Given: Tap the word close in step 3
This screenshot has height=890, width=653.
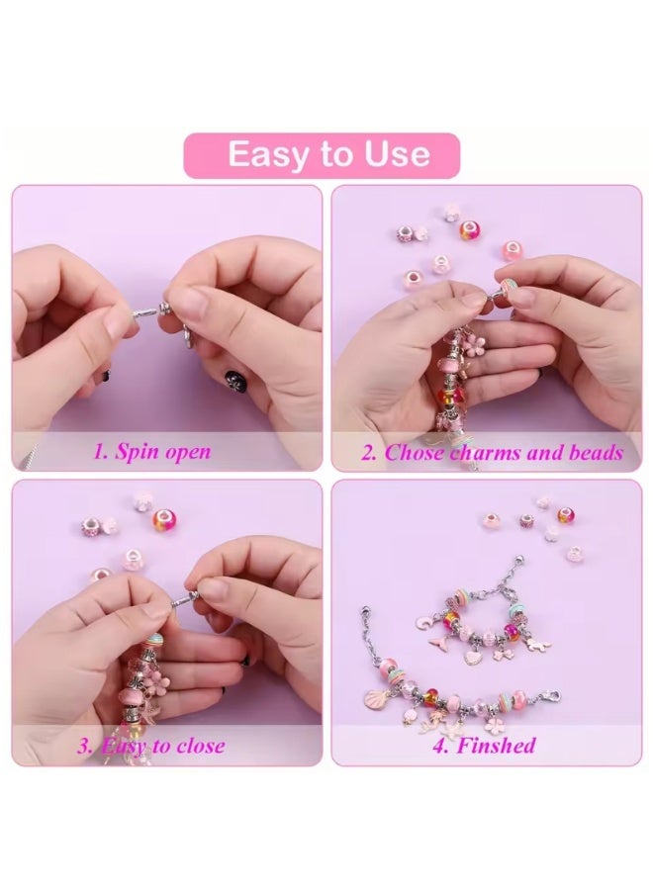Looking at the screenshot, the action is coord(201,745).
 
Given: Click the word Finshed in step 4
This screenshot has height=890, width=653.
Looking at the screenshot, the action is coord(496,745).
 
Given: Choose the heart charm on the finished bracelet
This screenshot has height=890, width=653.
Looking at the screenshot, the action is coord(472,657).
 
